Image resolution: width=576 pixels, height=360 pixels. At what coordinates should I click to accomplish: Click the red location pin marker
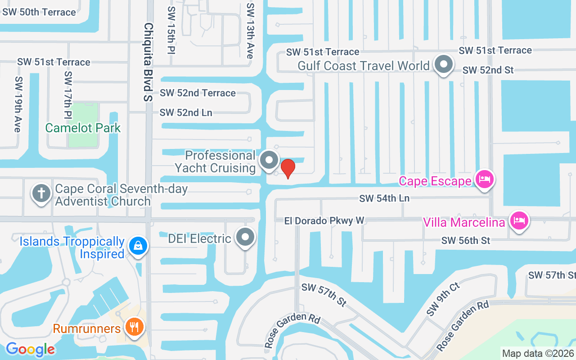point(288,168)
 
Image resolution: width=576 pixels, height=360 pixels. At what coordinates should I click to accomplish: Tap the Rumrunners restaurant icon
point(134,327)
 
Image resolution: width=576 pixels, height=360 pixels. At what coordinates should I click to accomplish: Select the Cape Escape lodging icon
point(485,180)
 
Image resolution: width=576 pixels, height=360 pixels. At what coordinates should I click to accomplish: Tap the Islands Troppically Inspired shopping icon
point(136,246)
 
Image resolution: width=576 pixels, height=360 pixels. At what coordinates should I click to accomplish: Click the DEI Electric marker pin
point(245,237)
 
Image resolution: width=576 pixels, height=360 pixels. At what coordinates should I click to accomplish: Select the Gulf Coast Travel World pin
point(444,64)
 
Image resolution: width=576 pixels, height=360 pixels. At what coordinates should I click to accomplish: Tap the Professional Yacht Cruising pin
point(270,160)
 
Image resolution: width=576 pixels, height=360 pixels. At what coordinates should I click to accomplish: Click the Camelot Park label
point(83,128)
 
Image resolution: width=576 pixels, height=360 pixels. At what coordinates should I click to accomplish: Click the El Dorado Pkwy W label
point(324,220)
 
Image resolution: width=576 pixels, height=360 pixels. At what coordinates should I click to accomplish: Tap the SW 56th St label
point(466,241)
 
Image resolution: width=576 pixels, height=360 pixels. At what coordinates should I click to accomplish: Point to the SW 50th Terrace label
point(39,12)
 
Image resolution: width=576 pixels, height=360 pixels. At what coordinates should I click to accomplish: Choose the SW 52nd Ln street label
point(186,112)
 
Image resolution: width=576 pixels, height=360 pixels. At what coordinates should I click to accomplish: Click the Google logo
point(31,349)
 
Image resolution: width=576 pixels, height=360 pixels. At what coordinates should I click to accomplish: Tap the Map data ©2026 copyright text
point(538,353)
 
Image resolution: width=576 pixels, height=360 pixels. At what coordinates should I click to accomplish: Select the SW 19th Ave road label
point(18,104)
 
